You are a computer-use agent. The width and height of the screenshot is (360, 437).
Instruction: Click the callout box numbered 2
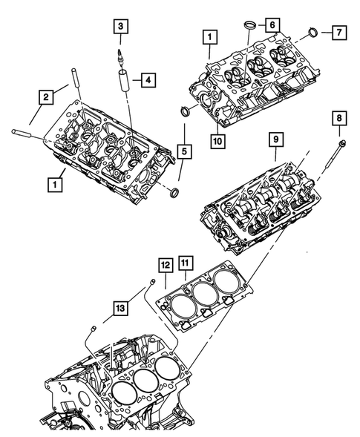46,95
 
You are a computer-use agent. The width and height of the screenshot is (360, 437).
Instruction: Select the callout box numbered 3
120,27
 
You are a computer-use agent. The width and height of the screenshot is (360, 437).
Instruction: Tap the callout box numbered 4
148,78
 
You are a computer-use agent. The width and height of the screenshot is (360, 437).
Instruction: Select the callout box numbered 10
217,139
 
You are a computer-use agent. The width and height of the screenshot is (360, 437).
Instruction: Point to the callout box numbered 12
164,263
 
